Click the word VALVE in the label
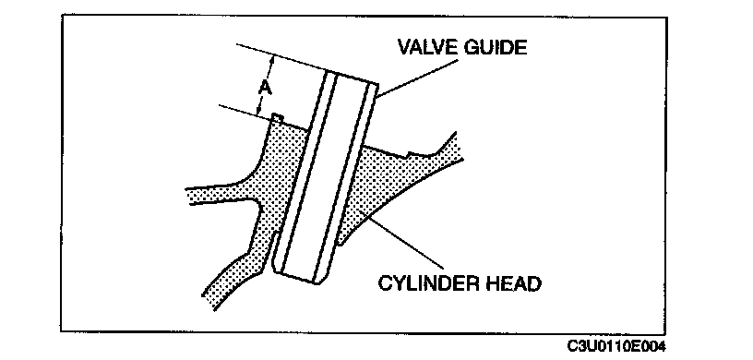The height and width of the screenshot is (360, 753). tap(425, 47)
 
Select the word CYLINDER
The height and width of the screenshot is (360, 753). tap(425, 283)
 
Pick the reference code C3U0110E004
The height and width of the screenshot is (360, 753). tap(616, 346)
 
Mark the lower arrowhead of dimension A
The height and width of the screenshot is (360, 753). tap(260, 111)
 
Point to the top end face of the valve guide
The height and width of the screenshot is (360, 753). tap(351, 78)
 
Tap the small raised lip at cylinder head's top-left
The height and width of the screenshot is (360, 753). tap(278, 117)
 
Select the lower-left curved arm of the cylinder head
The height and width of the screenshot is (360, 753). tap(231, 279)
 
